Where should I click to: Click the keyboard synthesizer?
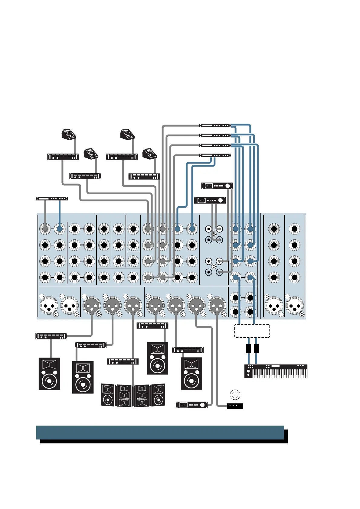coord(276,371)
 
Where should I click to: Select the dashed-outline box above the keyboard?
coord(252,331)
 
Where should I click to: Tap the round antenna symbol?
coord(235,395)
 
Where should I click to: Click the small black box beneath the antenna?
coord(235,406)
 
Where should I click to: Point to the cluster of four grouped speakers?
coord(133,395)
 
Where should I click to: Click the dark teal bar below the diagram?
coord(160,432)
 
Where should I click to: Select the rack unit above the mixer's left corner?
coord(52,199)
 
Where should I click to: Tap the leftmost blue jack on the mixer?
coord(60,229)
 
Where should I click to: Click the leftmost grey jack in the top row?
coord(45,229)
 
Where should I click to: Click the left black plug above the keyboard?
coord(249,349)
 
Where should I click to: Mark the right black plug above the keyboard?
coord(256,349)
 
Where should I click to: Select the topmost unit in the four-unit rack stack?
coord(215,125)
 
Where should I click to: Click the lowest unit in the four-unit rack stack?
coord(215,155)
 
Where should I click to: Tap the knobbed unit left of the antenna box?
coord(192,405)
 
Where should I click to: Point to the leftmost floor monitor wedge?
coord(69,134)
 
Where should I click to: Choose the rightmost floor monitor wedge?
coord(150,154)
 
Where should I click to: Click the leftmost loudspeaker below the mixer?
coord(49,374)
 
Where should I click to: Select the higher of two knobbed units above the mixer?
coord(217,186)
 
